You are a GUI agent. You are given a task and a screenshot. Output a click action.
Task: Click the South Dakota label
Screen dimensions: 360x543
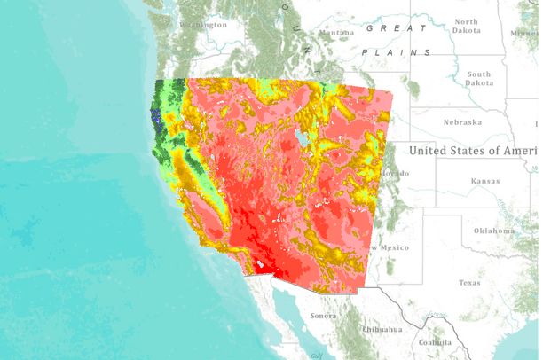(478, 78)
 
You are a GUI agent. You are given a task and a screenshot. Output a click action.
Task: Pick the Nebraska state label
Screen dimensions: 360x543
(462, 122)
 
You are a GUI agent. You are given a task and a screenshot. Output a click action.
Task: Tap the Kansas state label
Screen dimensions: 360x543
(485, 181)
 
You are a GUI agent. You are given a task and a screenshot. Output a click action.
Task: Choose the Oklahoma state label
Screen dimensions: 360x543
(493, 231)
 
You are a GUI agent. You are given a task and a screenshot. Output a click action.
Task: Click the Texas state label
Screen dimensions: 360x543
(468, 283)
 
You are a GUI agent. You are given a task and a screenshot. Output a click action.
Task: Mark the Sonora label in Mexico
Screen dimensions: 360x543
(323, 316)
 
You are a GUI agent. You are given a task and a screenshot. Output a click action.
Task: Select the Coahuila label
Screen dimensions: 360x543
(436, 343)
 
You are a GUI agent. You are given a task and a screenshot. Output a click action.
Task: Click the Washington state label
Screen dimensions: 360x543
(203, 25)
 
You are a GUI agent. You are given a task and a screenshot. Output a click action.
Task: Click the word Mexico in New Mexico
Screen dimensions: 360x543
(395, 247)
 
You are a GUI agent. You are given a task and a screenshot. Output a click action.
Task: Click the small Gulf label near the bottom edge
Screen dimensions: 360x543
(317, 354)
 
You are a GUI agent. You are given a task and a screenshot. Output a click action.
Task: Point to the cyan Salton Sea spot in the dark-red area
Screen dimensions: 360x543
(263, 262)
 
